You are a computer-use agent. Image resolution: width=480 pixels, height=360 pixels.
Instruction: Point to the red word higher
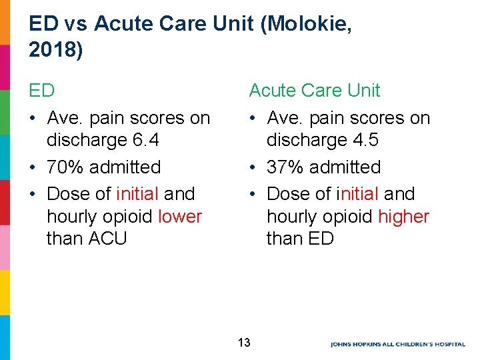[x=403, y=217]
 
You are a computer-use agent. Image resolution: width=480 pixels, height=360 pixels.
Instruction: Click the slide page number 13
[x=244, y=343]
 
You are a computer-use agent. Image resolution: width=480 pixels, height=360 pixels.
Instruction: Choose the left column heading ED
[x=41, y=90]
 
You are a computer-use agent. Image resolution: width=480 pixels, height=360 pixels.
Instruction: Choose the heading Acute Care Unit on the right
[x=314, y=90]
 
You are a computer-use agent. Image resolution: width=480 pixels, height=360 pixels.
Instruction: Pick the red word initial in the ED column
[x=137, y=194]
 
